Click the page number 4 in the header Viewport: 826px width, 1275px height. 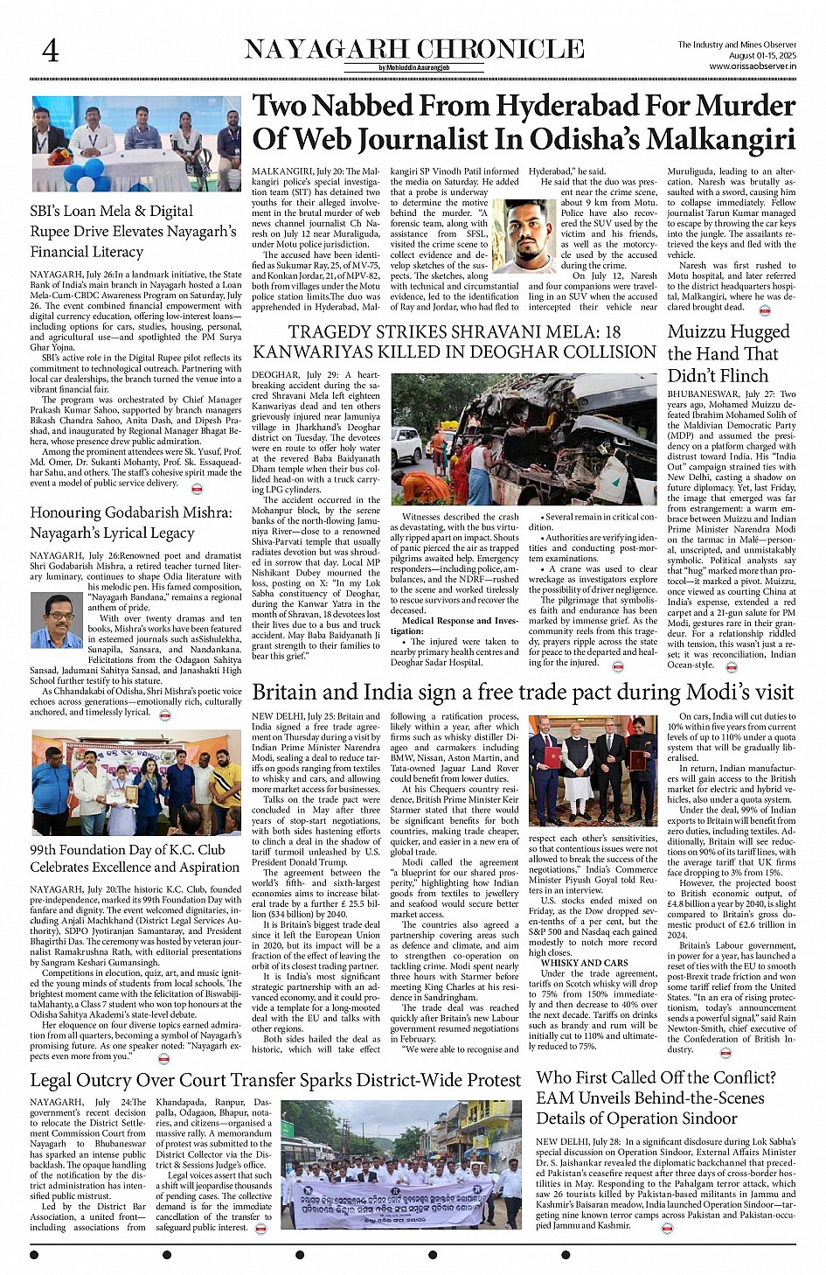[51, 51]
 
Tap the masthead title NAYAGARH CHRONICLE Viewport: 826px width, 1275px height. [413, 49]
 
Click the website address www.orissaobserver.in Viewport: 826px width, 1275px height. [752, 66]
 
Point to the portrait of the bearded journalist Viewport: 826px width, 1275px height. [524, 236]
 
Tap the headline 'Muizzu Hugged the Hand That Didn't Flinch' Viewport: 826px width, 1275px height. [728, 353]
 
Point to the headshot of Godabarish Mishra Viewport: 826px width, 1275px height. [56, 621]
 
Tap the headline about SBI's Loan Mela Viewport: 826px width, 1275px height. [133, 231]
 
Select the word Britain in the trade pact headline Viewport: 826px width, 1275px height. [295, 692]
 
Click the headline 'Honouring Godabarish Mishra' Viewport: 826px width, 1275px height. [131, 522]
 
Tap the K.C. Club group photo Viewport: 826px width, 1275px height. [135, 783]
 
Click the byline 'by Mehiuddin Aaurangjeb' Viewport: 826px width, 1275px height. [413, 67]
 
